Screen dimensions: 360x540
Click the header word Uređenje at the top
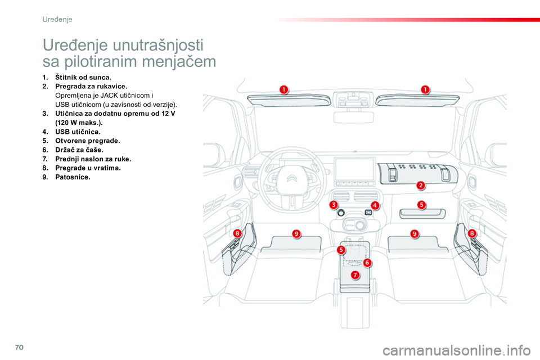(x=57, y=19)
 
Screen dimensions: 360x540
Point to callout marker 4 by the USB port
(x=375, y=205)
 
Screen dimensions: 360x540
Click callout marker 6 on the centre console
(x=367, y=262)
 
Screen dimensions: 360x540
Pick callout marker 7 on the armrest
(x=355, y=274)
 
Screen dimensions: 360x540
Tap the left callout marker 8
(x=238, y=233)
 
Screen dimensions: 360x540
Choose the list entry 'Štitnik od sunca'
(x=83, y=76)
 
